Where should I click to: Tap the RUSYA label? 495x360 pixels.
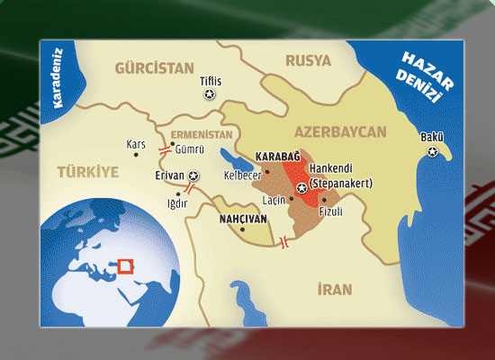pos(308,61)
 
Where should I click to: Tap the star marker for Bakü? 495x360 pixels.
pos(436,153)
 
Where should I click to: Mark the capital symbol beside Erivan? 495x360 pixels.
pos(194,175)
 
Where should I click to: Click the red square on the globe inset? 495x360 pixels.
pos(126,265)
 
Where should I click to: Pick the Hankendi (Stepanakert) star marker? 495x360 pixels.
pos(301,187)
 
